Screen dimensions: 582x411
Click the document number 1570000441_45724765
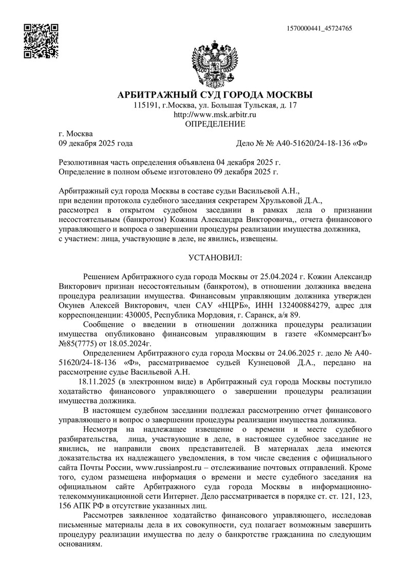click(x=321, y=29)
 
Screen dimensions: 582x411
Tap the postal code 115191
click(x=144, y=105)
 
